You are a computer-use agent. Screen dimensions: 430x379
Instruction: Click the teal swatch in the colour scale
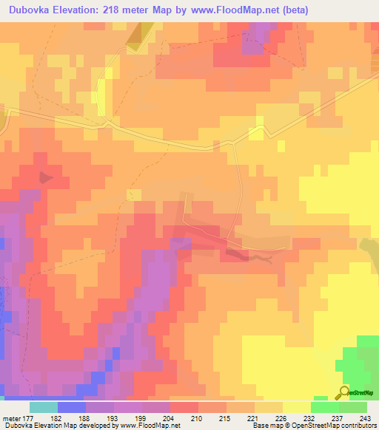[43, 408]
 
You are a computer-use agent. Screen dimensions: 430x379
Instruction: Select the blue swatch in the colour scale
[71, 408]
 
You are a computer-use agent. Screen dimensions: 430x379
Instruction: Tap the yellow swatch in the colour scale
[296, 408]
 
